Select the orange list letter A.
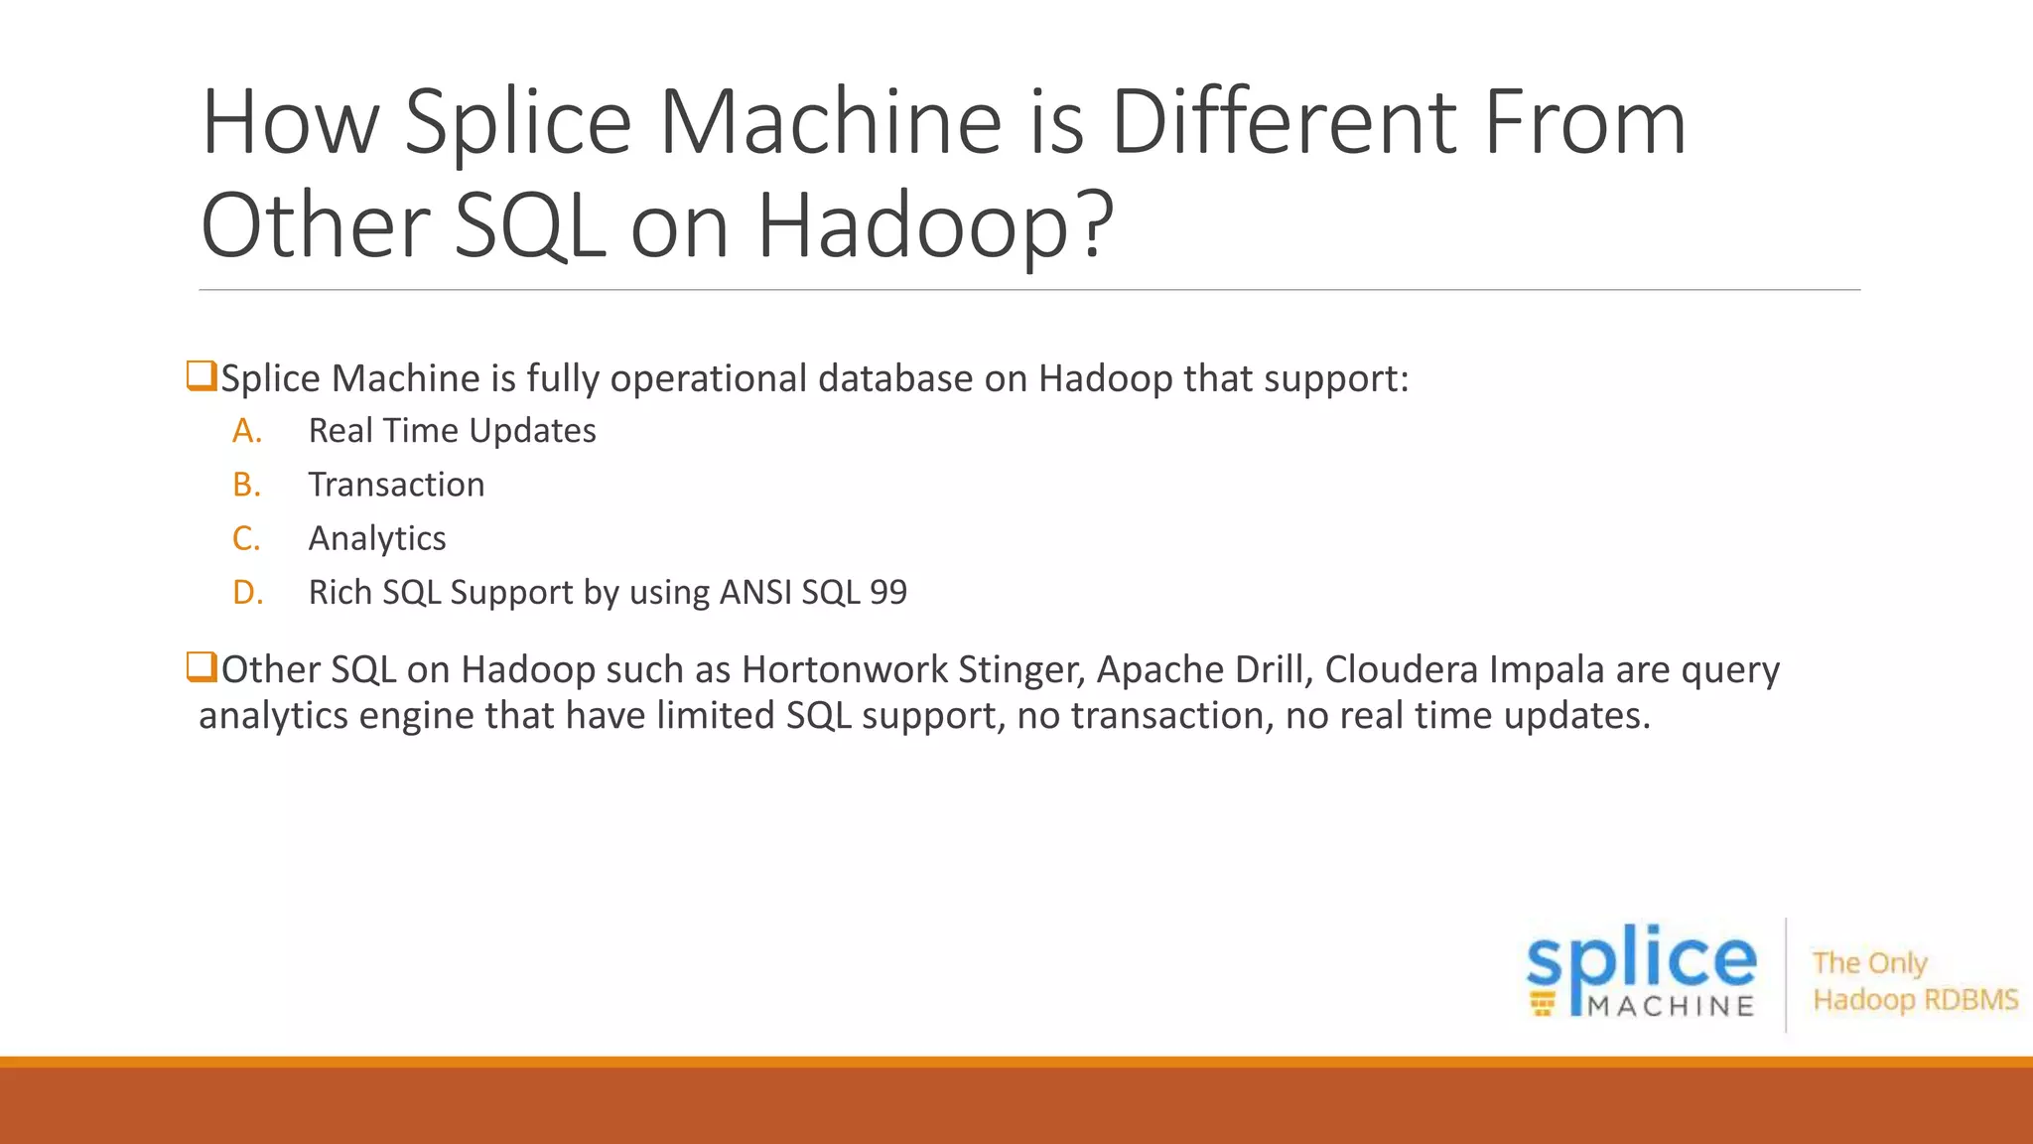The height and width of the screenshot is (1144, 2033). pyautogui.click(x=247, y=431)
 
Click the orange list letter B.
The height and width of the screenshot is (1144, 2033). pyautogui.click(x=246, y=485)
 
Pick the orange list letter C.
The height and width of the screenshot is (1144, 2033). pyautogui.click(x=246, y=538)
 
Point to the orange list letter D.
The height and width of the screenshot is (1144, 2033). pyautogui.click(x=247, y=592)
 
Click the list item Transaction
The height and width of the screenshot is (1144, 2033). pyautogui.click(x=396, y=485)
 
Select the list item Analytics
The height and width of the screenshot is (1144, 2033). pyautogui.click(x=377, y=538)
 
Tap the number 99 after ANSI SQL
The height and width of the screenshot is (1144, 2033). pyautogui.click(x=887, y=592)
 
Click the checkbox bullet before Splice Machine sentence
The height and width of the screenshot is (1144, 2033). pyautogui.click(x=202, y=376)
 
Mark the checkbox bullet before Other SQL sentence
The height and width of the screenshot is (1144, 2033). pyautogui.click(x=202, y=666)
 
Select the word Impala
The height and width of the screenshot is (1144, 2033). pyautogui.click(x=1546, y=670)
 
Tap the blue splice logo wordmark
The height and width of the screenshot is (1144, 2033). pyautogui.click(x=1641, y=959)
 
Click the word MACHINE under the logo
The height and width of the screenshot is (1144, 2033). pyautogui.click(x=1672, y=1007)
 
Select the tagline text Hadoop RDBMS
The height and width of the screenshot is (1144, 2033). pyautogui.click(x=1915, y=999)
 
